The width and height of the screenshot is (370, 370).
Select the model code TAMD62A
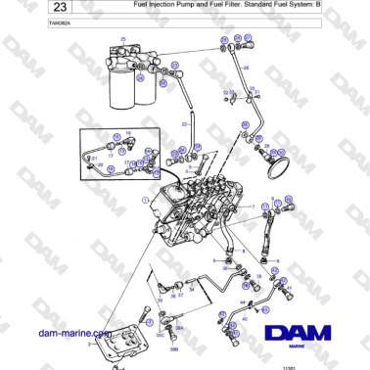(x=31, y=25)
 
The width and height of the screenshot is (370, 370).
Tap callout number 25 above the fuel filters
(x=123, y=38)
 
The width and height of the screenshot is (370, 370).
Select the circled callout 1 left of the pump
(x=144, y=200)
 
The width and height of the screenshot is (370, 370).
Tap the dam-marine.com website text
(x=69, y=335)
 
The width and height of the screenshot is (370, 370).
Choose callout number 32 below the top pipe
(x=225, y=92)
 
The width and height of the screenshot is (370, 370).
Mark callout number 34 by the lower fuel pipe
(x=191, y=290)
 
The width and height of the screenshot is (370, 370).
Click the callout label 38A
(x=179, y=328)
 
